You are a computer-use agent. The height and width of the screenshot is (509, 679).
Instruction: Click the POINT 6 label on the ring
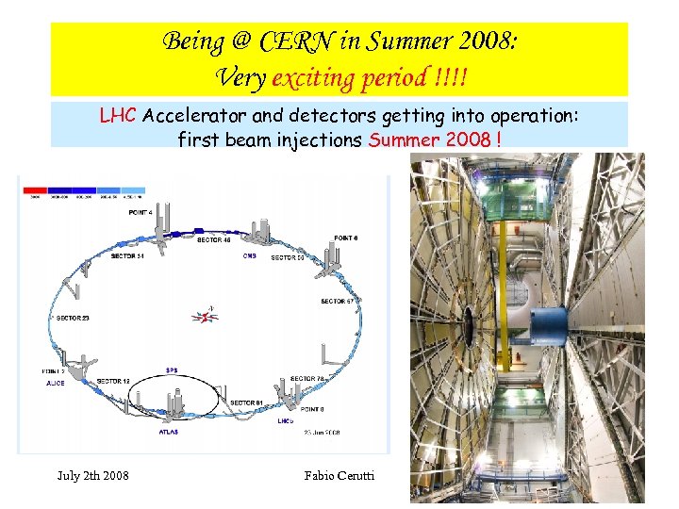[345, 238]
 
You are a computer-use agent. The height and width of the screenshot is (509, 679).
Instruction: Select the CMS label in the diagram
[250, 255]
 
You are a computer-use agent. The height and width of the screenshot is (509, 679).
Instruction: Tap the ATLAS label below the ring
[169, 432]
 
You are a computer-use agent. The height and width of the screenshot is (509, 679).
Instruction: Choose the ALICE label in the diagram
[56, 384]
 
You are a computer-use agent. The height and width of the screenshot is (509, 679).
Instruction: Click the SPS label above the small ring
[172, 369]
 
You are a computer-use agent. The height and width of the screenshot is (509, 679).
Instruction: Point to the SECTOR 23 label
[73, 318]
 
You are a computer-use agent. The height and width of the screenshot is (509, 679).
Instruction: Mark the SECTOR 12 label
[113, 381]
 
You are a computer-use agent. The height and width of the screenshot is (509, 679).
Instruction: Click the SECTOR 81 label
[248, 403]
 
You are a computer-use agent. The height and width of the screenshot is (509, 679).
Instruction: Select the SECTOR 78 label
[307, 378]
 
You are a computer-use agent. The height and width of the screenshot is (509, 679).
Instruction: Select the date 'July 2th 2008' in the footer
[93, 475]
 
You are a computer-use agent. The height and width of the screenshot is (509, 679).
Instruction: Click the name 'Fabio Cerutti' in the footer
[339, 475]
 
